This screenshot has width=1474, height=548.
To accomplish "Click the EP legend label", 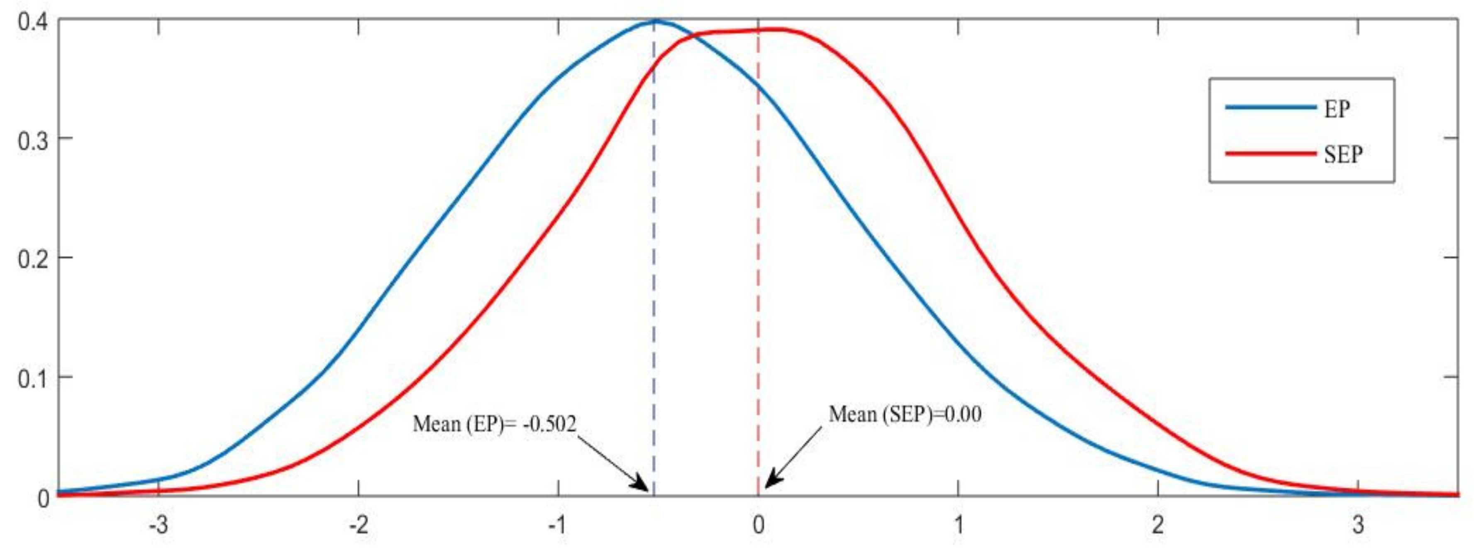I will click(x=1337, y=109).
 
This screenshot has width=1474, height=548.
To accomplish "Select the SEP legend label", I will click(x=1343, y=154).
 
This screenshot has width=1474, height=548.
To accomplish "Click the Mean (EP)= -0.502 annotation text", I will click(x=494, y=424).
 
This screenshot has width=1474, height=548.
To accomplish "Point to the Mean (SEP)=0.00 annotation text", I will click(x=905, y=414).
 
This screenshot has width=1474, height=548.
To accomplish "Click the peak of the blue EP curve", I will click(x=656, y=21).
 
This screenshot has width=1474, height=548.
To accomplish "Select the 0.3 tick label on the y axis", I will click(x=32, y=140).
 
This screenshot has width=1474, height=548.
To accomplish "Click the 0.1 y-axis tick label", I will click(x=32, y=379).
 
